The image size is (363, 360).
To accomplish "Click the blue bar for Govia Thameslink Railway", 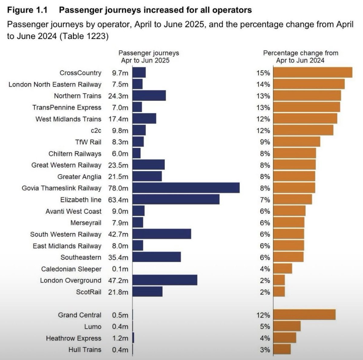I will click(186, 188).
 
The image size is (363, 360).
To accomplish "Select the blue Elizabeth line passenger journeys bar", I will click(176, 200).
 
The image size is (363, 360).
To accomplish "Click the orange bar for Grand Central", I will click(304, 315).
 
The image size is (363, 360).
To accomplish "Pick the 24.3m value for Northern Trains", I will click(118, 96).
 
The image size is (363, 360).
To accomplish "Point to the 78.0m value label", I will click(118, 188).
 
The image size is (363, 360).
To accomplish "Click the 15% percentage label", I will click(263, 73).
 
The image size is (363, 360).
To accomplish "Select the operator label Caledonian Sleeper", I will click(71, 269).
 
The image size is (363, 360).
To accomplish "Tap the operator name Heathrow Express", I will click(74, 338).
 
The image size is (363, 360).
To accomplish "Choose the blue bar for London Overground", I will click(165, 280).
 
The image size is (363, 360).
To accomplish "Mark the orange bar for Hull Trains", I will click(282, 349).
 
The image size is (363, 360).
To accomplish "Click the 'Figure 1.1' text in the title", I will click(27, 10).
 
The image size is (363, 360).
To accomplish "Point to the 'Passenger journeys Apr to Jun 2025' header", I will click(148, 57).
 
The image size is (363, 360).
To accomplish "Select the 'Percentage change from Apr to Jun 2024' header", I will click(300, 57).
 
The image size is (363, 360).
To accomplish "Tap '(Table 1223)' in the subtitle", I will click(84, 36).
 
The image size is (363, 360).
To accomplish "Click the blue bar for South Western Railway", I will click(162, 234).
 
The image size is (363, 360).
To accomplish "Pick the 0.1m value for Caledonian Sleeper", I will click(120, 269).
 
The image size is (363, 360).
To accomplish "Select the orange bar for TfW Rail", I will click(296, 142).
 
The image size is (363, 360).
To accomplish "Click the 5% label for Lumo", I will click(265, 326).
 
